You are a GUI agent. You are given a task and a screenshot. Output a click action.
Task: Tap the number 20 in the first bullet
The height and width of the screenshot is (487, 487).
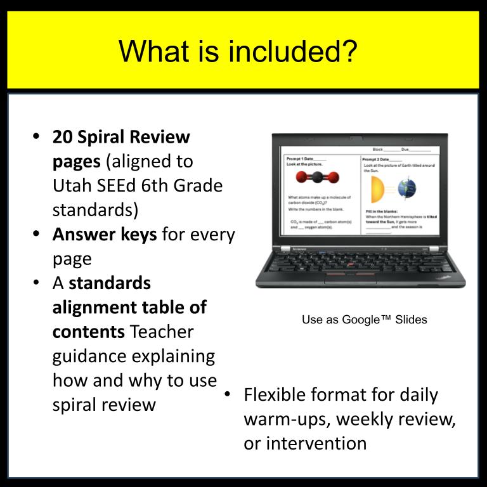point(63,136)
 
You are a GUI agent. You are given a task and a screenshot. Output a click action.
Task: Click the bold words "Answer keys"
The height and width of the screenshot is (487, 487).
point(105,235)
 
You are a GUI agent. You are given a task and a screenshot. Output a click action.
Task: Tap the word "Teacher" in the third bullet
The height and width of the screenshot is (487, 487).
point(162,332)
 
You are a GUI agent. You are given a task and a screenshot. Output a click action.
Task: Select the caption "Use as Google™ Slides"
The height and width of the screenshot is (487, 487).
point(364,320)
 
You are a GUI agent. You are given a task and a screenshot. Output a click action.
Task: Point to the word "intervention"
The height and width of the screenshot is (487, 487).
point(305,443)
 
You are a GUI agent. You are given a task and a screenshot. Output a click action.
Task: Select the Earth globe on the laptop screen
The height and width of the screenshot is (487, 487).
point(406,188)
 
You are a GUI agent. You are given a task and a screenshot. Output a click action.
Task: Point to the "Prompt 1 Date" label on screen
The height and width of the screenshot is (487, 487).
point(306,158)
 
